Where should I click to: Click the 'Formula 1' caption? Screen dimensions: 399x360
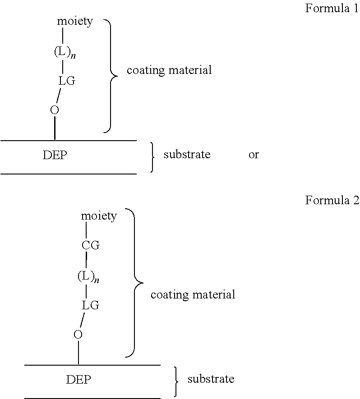[332, 9]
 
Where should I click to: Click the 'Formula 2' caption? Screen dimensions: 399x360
[332, 200]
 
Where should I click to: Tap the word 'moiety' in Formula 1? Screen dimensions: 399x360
[75, 21]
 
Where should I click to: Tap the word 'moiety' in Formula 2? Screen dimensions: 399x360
[99, 216]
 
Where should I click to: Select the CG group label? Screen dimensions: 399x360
[90, 246]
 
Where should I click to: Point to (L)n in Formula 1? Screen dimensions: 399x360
[64, 52]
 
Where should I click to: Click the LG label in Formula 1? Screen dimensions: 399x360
[67, 81]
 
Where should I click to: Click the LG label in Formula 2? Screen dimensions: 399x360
[90, 305]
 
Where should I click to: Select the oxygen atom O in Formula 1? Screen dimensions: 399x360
[55, 110]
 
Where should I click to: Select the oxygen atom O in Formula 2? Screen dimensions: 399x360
[78, 335]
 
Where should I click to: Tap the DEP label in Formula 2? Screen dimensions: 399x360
[78, 380]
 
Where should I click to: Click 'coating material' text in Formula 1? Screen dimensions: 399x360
[169, 70]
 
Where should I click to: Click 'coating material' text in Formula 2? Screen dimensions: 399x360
[193, 295]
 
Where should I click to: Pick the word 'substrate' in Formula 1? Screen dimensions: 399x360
[187, 155]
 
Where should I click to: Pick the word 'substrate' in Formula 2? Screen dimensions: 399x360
[211, 379]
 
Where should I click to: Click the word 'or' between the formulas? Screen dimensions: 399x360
[254, 155]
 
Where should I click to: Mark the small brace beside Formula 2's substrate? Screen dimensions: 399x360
[176, 381]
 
